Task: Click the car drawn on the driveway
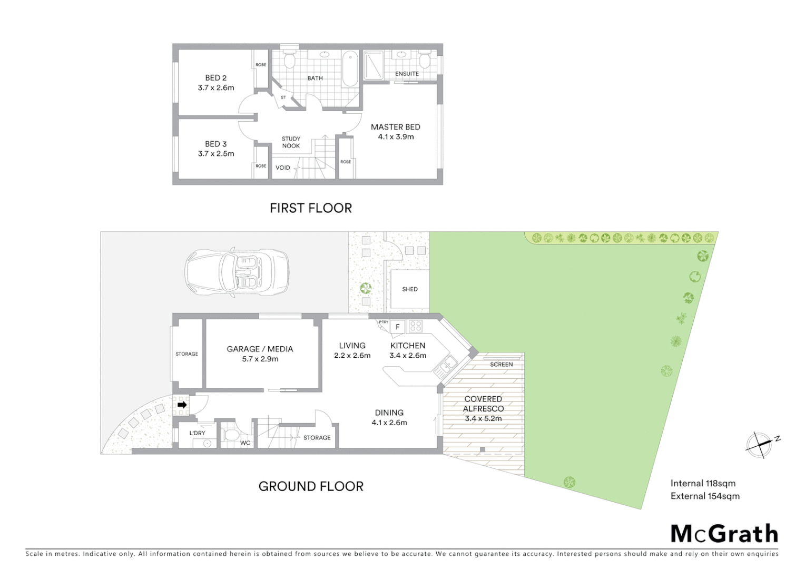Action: (237, 272)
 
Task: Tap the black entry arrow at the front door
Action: (182, 405)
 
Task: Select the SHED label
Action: (409, 289)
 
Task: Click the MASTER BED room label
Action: (395, 127)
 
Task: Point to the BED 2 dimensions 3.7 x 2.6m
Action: (216, 88)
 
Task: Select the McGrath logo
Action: (724, 534)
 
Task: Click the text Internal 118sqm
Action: (703, 483)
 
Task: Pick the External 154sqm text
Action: (705, 496)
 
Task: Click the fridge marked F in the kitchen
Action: (398, 327)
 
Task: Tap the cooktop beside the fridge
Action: (416, 326)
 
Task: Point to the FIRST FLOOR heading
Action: (310, 208)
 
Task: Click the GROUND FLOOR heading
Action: (310, 486)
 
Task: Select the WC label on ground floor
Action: (245, 443)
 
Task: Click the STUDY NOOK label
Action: (291, 142)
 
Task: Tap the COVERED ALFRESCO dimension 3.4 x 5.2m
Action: (483, 419)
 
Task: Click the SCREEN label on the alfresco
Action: (501, 365)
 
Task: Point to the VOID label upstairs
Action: (282, 168)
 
